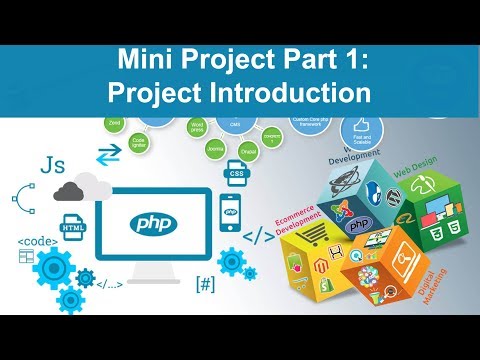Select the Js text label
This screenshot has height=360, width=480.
coord(46,165)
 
